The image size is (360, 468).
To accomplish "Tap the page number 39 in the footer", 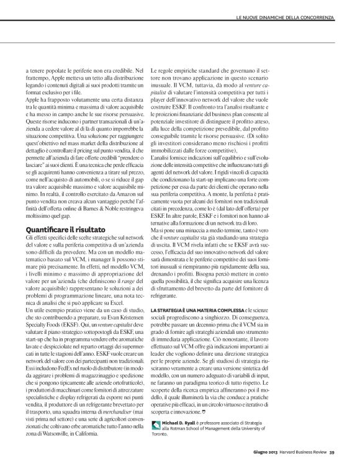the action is point(333,452).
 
